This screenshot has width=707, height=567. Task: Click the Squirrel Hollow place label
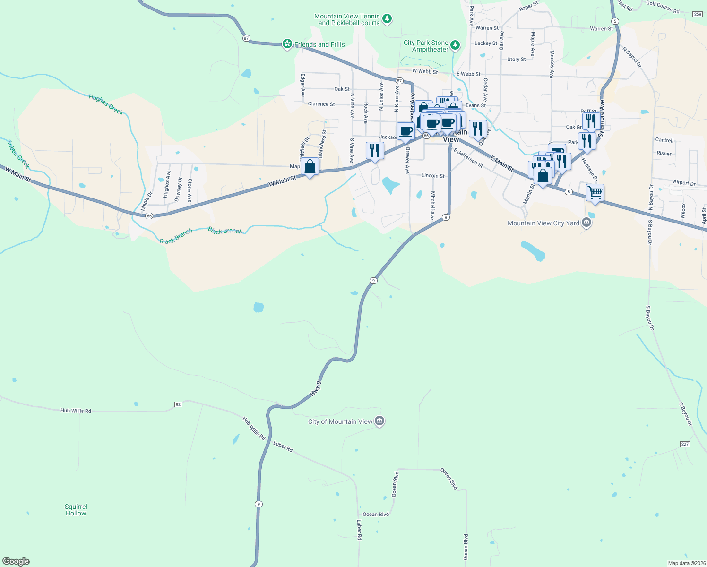tap(76, 510)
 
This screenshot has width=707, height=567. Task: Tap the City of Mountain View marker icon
tap(379, 421)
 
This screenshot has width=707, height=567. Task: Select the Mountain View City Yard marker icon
tap(586, 223)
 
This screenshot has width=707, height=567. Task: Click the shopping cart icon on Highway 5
tap(595, 192)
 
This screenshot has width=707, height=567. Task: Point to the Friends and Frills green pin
tap(287, 44)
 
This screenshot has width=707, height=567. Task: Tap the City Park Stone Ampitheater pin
tap(455, 45)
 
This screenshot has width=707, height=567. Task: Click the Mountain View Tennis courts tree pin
tap(387, 19)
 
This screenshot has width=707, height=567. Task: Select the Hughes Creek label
tap(106, 104)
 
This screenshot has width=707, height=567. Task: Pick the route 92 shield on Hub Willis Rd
tap(178, 404)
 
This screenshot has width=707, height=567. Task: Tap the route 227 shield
tap(685, 444)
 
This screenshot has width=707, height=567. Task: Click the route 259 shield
tap(698, 14)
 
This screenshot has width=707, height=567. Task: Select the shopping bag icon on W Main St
tap(310, 167)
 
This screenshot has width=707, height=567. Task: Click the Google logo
tap(16, 561)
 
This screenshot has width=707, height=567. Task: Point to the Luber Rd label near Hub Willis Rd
tap(283, 446)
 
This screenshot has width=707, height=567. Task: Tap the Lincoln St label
tap(433, 176)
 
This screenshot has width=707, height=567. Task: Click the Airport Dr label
tap(684, 183)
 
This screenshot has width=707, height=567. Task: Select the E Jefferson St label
tap(468, 158)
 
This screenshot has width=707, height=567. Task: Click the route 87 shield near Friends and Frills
tap(246, 38)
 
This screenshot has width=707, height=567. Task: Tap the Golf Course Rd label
tap(663, 7)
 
